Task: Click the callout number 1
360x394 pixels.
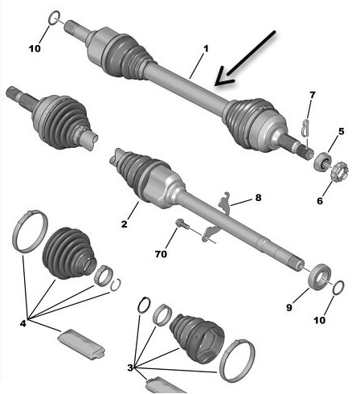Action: coord(206,49)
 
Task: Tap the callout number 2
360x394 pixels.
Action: coord(124,224)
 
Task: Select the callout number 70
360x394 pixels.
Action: coord(161,253)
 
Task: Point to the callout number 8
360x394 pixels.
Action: coord(258,198)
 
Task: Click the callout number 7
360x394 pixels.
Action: coord(313,95)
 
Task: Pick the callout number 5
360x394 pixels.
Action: coord(341,132)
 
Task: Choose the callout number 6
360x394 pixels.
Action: coord(320,200)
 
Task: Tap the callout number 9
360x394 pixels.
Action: coord(288,307)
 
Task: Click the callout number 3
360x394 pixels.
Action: coord(130,367)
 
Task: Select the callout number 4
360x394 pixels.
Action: coord(23,323)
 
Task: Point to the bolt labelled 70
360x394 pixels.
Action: coord(182,224)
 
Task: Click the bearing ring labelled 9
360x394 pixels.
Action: coord(320,277)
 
